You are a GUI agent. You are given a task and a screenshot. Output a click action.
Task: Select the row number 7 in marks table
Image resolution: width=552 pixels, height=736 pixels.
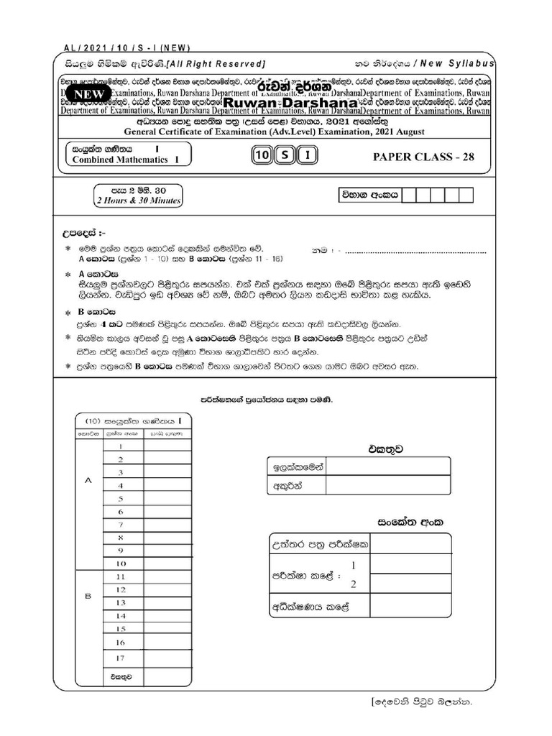coord(121,525)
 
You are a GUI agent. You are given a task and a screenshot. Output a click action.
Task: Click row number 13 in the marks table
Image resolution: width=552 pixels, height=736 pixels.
coord(121,602)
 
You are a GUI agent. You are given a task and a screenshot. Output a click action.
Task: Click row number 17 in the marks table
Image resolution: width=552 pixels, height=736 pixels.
coord(121,658)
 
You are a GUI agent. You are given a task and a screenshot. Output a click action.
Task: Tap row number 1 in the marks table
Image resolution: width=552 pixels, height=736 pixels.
coord(121,446)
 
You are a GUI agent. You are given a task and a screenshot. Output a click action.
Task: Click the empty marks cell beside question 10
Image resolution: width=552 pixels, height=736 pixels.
coord(167,563)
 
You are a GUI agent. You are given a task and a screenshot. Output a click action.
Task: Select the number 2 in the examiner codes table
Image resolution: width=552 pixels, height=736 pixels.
coord(353,584)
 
